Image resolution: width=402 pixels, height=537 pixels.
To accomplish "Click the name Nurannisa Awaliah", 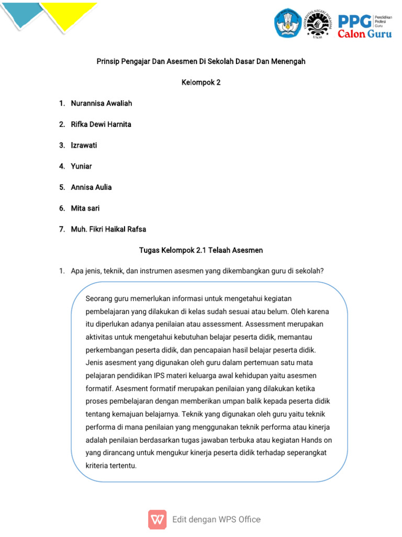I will pos(101,103).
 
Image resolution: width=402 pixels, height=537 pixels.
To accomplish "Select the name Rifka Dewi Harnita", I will pos(101,124).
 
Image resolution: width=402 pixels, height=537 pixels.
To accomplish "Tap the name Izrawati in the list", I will pos(84,145).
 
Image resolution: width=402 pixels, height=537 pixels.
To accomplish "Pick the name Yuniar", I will pos(81,166).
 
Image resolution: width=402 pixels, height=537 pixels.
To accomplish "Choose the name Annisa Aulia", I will pos(91,187).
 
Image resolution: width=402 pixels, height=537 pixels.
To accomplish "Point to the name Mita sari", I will pos(85,208).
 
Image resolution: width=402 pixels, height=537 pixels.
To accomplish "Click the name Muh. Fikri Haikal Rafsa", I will pos(108,229).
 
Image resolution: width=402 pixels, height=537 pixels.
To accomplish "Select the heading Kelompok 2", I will pos(200,82).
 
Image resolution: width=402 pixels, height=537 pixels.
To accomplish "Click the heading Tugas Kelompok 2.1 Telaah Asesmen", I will pos(200,250).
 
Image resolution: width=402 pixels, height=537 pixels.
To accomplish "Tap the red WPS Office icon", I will pos(157,519).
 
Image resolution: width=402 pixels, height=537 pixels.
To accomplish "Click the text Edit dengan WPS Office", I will pos(216,519).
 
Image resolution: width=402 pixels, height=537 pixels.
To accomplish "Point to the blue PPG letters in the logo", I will pos(354,21).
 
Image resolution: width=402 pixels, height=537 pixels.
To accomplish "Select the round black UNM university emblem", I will pos(318,24).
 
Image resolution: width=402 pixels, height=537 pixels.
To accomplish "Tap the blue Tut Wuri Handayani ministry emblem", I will pos(288,23).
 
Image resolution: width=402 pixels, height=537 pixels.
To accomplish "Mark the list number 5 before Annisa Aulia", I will pos(61,187).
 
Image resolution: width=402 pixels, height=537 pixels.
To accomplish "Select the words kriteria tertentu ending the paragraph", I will pos(110,465).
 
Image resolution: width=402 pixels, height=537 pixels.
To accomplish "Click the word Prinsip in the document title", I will pos(108,61).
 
